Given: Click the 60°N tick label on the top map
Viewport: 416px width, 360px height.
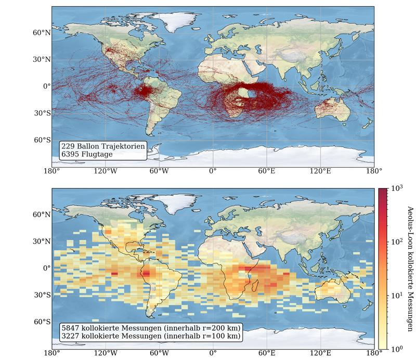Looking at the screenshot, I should coord(42,32).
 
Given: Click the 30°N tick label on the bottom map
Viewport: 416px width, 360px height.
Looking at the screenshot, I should coord(42,242).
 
